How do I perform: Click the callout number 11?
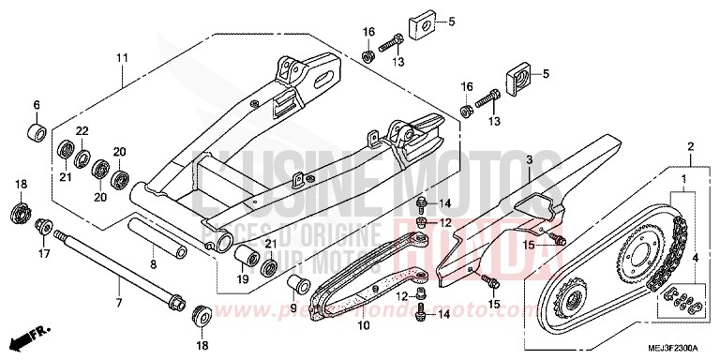pyautogui.click(x=122, y=58)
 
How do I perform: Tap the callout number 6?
pyautogui.click(x=37, y=104)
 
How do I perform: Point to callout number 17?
pyautogui.click(x=42, y=252)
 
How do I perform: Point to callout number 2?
pyautogui.click(x=690, y=147)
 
